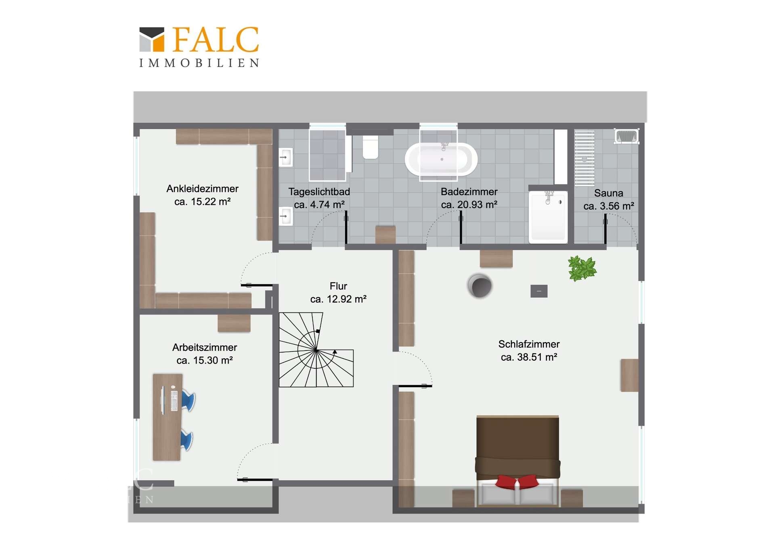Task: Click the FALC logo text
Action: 216,40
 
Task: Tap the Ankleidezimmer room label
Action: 202,189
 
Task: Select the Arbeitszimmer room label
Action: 204,347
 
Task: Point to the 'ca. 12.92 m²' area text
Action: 338,299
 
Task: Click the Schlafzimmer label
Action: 529,344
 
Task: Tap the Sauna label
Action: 608,193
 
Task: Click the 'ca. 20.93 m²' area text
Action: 469,204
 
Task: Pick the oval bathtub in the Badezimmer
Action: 441,159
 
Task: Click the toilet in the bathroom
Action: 371,147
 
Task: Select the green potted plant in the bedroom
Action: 582,268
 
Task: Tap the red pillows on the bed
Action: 517,481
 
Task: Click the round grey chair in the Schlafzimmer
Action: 480,286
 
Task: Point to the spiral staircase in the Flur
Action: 316,350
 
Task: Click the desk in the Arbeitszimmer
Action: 167,417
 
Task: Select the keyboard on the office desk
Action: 174,401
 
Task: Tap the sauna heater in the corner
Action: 626,136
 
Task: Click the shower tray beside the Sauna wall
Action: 548,217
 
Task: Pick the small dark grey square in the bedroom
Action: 539,291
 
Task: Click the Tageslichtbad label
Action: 319,192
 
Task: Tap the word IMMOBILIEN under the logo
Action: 199,63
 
